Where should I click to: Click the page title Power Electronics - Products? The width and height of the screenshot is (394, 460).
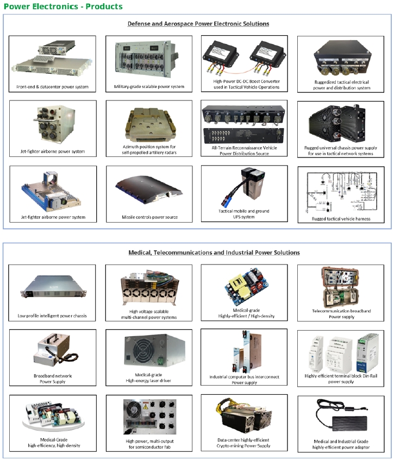63,7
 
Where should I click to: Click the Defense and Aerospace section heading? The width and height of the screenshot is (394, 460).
198,24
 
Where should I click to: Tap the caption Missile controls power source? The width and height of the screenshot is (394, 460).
149,217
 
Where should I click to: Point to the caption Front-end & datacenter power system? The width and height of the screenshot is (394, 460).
53,87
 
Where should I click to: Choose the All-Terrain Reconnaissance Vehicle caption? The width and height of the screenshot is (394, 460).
245,147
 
